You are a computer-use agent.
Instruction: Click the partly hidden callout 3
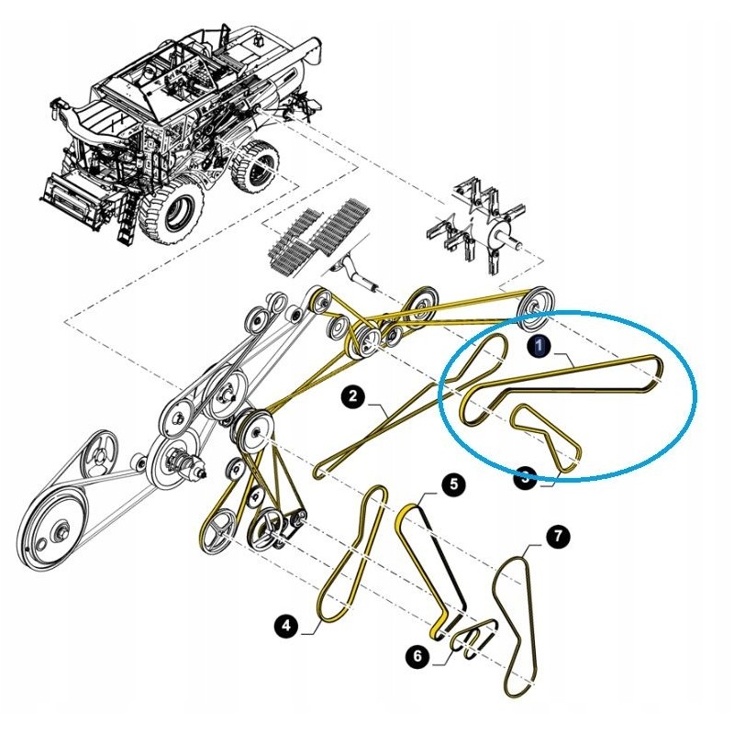click(525, 478)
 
